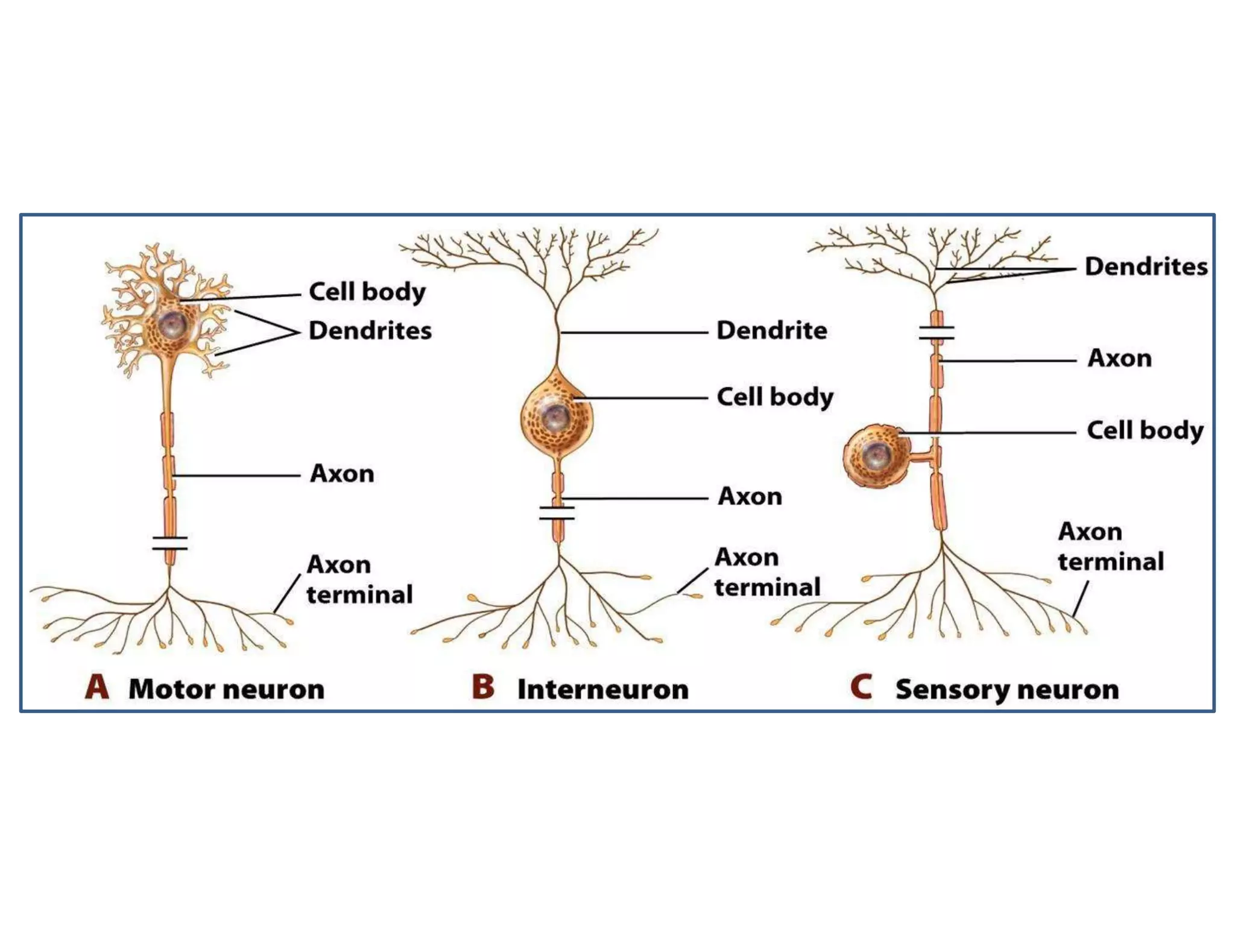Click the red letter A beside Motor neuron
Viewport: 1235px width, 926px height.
coord(97,687)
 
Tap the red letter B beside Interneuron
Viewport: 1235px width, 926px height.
coord(483,687)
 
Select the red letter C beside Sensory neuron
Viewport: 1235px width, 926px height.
coord(861,687)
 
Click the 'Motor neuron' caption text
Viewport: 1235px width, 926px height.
coord(226,689)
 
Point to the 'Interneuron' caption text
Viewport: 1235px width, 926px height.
coord(602,689)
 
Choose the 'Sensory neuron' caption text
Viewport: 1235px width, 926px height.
coord(1007,689)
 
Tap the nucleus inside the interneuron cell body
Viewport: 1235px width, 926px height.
coord(556,416)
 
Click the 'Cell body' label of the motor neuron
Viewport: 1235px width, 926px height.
coord(367,292)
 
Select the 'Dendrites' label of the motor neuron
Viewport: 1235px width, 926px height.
coord(370,330)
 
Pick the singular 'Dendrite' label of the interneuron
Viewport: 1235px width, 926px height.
coord(772,330)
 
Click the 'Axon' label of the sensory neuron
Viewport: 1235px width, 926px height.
coord(1120,358)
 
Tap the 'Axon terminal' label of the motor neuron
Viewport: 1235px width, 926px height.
coord(359,579)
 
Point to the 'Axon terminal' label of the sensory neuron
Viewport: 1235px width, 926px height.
coord(1110,546)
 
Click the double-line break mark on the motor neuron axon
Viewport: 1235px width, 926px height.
coord(170,543)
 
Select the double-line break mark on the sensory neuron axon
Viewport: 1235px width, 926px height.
coord(937,333)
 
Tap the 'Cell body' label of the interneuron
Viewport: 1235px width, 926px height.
coord(775,397)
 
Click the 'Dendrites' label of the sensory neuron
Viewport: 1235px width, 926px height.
coord(1146,266)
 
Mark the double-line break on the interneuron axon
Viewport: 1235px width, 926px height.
coord(557,513)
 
